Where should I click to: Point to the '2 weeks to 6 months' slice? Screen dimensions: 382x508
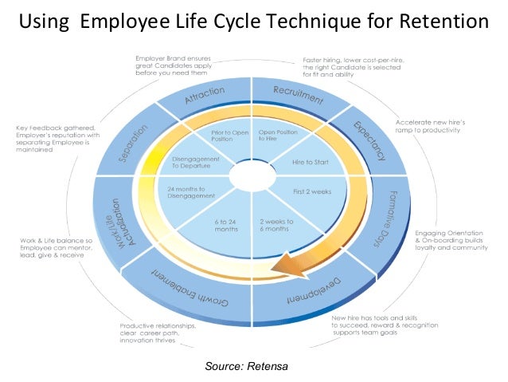coord(277,225)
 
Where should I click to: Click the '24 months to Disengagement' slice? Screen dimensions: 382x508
coord(191,192)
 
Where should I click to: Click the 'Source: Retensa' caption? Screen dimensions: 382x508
coord(244,365)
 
